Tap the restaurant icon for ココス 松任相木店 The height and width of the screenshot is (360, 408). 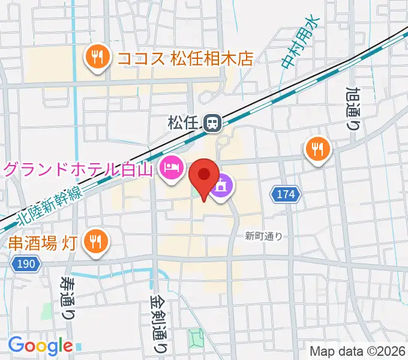tap(97, 58)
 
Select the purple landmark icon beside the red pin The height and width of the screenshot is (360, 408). tap(221, 187)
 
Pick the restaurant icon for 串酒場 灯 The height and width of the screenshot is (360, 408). tap(95, 242)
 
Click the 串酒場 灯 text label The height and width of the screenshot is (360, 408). tap(42, 243)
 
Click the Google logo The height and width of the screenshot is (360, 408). tap(40, 346)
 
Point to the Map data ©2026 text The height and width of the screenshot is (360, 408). tap(358, 350)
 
